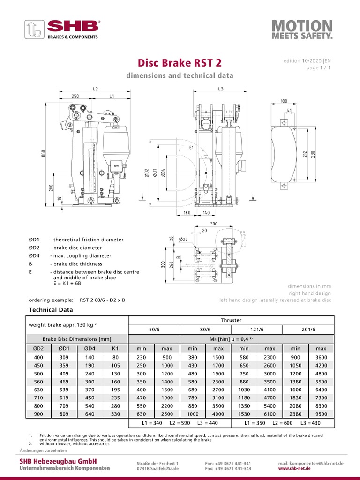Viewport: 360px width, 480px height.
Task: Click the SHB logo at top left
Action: (61, 29)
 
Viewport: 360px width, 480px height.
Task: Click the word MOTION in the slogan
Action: (302, 25)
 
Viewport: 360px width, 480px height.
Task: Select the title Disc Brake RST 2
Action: (180, 63)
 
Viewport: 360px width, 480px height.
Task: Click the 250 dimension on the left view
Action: (75, 96)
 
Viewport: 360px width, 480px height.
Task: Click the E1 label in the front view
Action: (191, 147)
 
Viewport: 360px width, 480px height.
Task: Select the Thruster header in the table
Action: (231, 320)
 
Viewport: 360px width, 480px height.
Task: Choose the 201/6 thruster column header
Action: (308, 330)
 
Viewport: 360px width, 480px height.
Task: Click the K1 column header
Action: (115, 349)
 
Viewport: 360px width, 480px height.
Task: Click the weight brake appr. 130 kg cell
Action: (63, 325)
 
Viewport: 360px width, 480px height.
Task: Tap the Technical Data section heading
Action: (51, 310)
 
